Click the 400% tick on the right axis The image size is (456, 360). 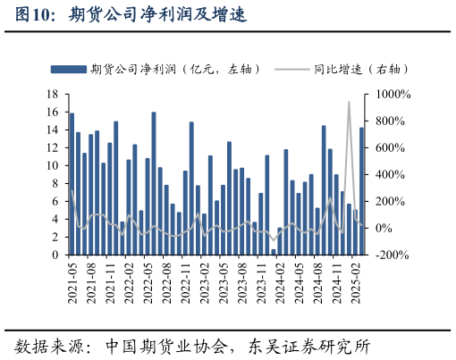[392, 174]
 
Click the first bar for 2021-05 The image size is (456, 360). [72, 184]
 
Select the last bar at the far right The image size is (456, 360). [361, 191]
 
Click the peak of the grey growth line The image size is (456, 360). [349, 102]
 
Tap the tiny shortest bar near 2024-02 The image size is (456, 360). [274, 252]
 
